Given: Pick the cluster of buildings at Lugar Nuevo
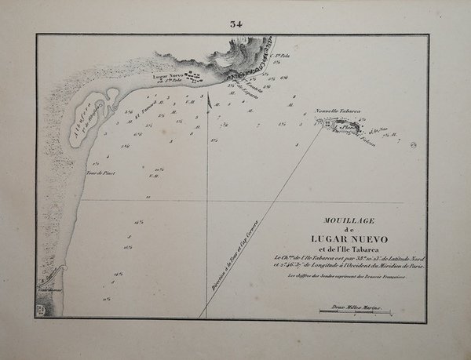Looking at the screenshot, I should point(192,77).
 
